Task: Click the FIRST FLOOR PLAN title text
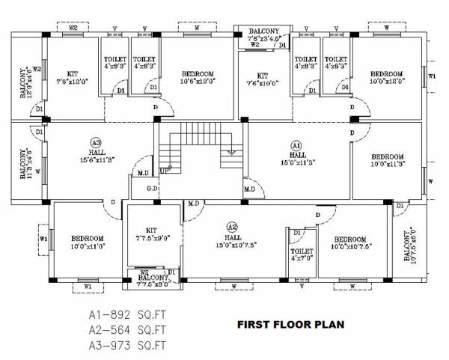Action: pyautogui.click(x=290, y=326)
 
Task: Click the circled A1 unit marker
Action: pyautogui.click(x=296, y=145)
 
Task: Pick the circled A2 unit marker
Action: pyautogui.click(x=232, y=227)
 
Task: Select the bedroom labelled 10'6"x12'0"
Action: pyautogui.click(x=198, y=77)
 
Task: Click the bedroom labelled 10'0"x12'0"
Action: pyautogui.click(x=388, y=77)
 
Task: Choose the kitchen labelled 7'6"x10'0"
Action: pyautogui.click(x=262, y=80)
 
